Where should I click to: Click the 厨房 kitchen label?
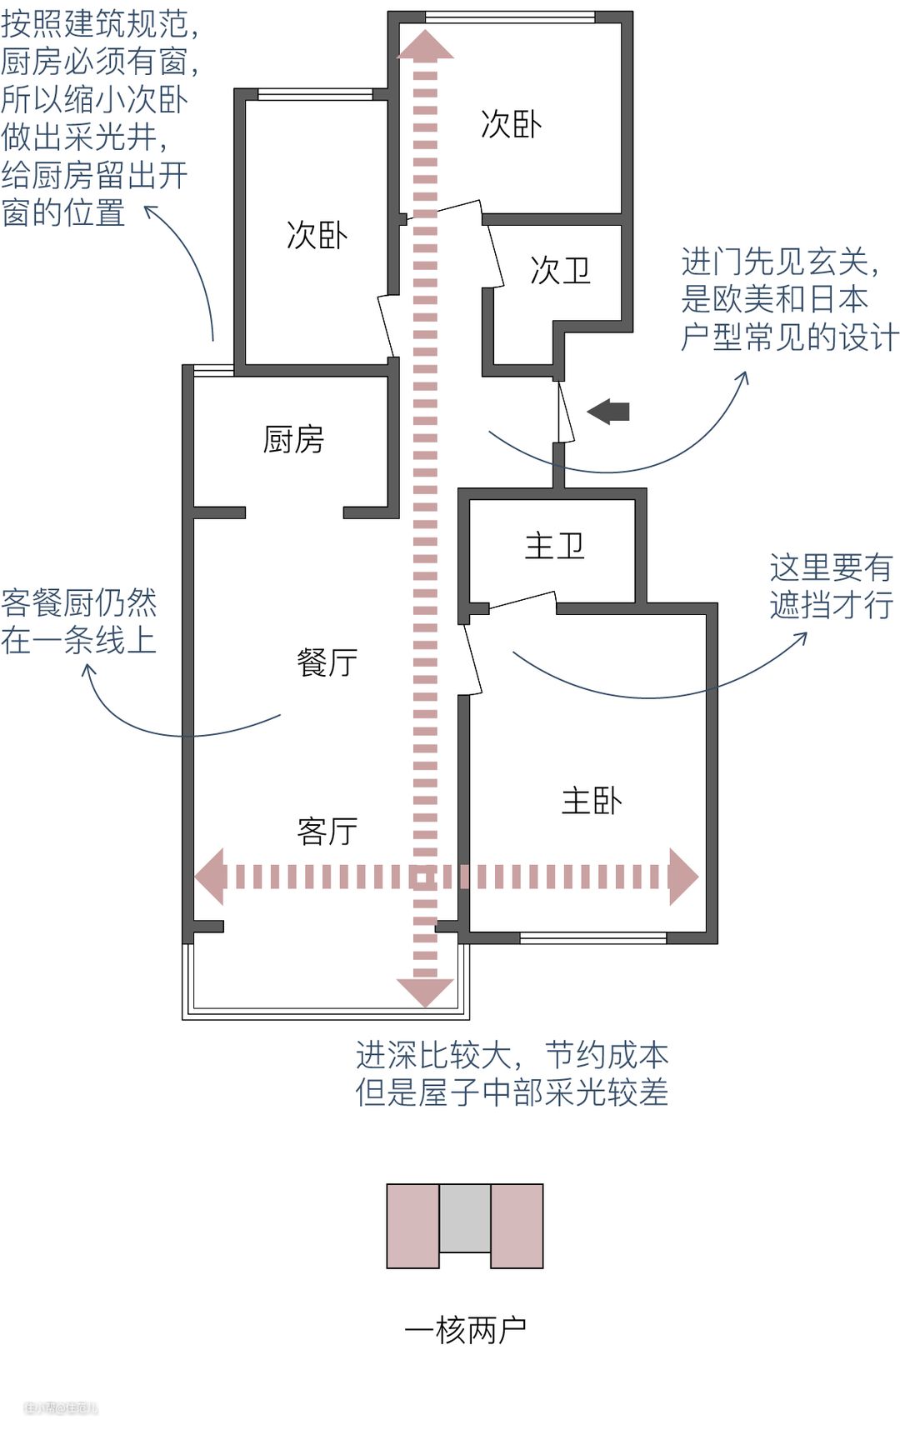tap(293, 439)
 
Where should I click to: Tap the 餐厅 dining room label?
tap(327, 662)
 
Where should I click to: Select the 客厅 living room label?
tap(327, 831)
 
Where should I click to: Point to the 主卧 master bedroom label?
tap(592, 801)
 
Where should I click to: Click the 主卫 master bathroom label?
tap(554, 547)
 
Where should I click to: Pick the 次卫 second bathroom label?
tap(560, 270)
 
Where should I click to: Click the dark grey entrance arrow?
tap(609, 411)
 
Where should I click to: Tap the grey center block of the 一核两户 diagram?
tap(465, 1217)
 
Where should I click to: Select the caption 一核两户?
tap(465, 1329)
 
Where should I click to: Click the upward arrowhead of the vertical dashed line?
tap(425, 45)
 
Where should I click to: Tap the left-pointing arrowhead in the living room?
tap(210, 877)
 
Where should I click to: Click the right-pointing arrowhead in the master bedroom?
tap(682, 877)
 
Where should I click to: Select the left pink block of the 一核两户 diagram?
tap(412, 1226)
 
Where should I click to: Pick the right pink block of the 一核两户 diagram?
tap(517, 1226)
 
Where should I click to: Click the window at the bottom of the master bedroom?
tap(592, 938)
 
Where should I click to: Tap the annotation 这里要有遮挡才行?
tap(831, 586)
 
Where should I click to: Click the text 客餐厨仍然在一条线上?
tap(79, 621)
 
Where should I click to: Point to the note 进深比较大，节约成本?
tap(512, 1055)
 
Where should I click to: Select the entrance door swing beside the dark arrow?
tap(564, 412)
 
